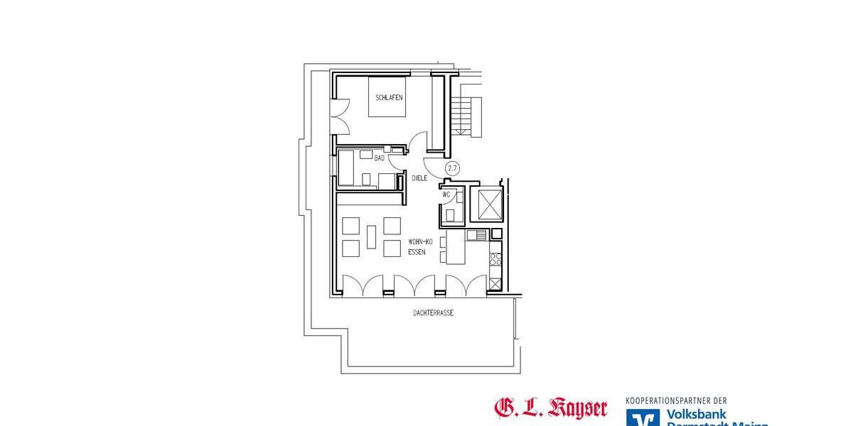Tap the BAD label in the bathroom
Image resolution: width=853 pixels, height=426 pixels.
(x=379, y=158)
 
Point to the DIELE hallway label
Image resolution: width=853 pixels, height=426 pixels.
(x=419, y=177)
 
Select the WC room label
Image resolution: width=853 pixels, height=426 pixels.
(x=446, y=194)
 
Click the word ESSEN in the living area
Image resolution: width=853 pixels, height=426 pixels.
(x=417, y=252)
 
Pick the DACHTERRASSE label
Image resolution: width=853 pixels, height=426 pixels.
(x=433, y=312)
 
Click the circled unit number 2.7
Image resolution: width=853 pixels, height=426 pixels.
(x=451, y=168)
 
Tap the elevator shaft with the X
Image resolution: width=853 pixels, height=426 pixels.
(x=490, y=204)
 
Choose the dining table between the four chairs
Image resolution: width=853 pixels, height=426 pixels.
(x=372, y=237)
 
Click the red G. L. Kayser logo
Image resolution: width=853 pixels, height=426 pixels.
(x=551, y=408)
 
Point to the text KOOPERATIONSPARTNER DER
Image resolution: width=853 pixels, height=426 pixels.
(x=675, y=400)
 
